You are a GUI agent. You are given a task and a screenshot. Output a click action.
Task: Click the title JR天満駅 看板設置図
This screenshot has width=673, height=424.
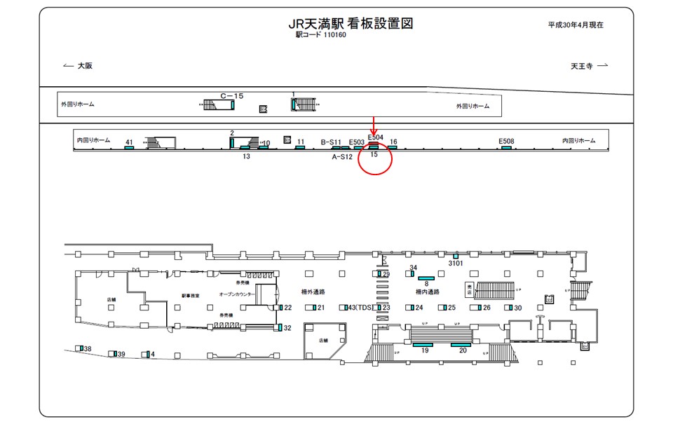tap(351, 23)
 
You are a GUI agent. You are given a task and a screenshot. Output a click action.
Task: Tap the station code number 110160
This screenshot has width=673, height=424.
tap(335, 35)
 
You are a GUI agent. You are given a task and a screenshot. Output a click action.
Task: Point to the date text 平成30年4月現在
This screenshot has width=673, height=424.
tap(576, 25)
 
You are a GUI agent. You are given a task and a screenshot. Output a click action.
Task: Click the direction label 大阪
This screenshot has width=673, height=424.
tap(85, 66)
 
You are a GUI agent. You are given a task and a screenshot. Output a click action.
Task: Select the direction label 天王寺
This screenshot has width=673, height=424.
tap(582, 66)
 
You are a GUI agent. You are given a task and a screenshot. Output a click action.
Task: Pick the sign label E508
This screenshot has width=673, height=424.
tap(506, 141)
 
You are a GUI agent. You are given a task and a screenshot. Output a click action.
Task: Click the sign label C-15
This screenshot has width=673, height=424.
tap(231, 95)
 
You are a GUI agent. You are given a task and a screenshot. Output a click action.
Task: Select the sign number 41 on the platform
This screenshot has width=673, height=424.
tap(129, 142)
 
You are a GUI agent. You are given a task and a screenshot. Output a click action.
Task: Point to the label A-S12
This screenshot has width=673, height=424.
tap(342, 157)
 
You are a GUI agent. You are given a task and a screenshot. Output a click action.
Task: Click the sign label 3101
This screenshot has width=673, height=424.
tap(456, 264)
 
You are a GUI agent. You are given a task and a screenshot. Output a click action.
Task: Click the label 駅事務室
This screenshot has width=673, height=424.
tap(191, 296)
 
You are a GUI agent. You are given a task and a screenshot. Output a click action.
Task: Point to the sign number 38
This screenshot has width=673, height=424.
tap(88, 349)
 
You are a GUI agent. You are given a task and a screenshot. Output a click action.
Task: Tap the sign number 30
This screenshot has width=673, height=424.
tap(518, 308)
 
